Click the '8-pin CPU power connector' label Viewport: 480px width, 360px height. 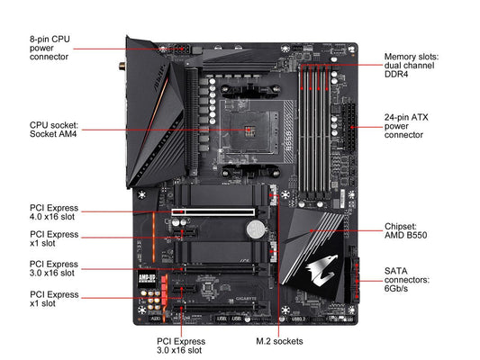pos(50,48)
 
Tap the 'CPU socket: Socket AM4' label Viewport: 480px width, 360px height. pos(54,130)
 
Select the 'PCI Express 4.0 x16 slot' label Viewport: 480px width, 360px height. pos(54,212)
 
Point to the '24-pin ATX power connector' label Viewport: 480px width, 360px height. pos(406,126)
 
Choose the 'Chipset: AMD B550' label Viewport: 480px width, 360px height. pos(405,230)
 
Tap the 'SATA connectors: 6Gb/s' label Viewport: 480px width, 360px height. pos(407,280)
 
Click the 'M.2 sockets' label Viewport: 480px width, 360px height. pos(279,341)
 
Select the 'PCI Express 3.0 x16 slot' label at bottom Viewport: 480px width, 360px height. pos(181,346)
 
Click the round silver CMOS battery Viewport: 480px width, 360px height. pos(256,229)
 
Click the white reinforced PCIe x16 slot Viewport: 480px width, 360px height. pos(213,212)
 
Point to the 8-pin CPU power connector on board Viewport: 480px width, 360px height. pos(181,49)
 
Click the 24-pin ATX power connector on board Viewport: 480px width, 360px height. pos(350,127)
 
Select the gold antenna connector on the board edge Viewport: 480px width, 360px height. pos(122,66)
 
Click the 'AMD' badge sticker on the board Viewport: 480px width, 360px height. pos(146,278)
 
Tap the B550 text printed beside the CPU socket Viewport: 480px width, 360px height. pos(288,141)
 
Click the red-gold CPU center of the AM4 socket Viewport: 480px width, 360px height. pos(249,130)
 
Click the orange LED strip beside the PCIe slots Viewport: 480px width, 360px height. pos(154,238)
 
